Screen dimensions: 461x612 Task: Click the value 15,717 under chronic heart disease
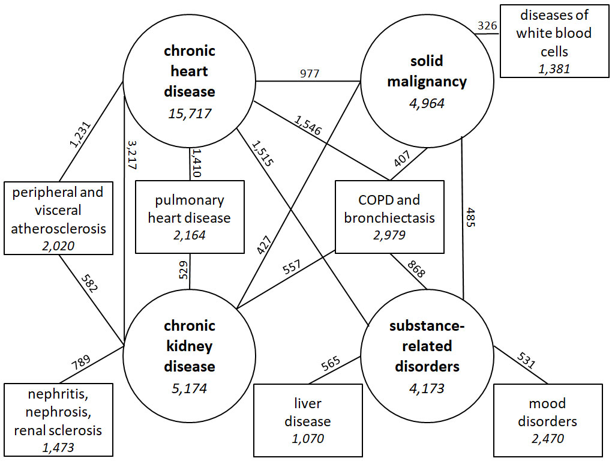coord(190,112)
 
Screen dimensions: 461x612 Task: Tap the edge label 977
coord(309,73)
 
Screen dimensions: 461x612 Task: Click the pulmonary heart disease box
coord(190,217)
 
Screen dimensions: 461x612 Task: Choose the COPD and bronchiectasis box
coord(389,217)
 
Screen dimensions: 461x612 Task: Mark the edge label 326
coord(487,26)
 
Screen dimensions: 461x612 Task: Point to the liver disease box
coord(308,420)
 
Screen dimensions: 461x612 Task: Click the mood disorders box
coord(547,420)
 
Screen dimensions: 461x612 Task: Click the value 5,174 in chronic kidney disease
coord(190,388)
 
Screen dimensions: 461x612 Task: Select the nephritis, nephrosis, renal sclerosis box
coord(58,420)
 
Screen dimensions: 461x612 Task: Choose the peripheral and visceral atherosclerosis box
coord(58,218)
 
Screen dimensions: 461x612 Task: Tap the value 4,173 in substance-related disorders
coord(427,388)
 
